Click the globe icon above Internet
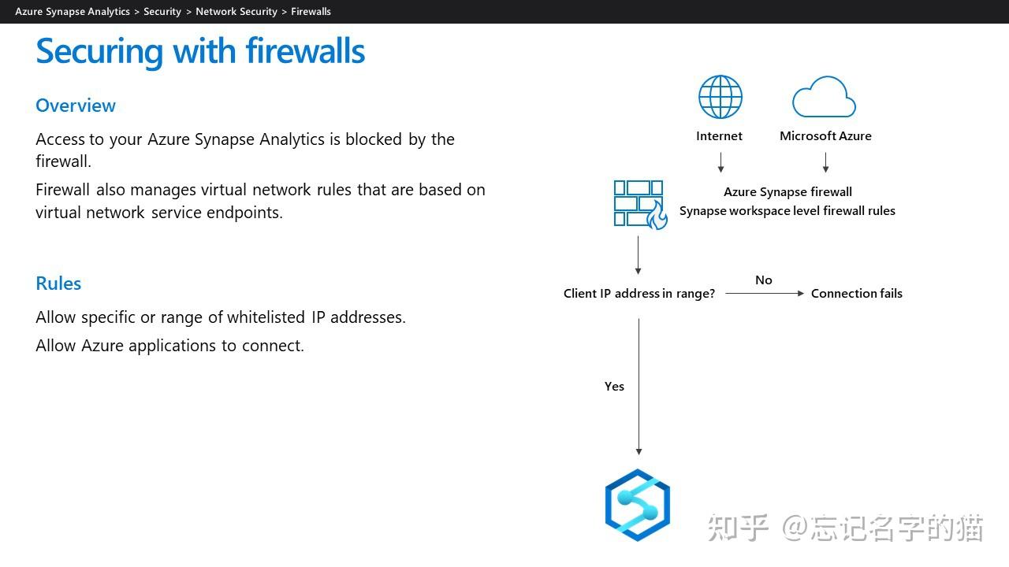tap(720, 97)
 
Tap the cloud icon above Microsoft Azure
tap(824, 98)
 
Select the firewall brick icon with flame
tap(640, 204)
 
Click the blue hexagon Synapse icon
tap(638, 505)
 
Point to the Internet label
tap(719, 135)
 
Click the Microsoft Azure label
tap(825, 135)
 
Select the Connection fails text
tap(856, 293)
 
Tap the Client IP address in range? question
tap(639, 293)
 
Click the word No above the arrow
tap(763, 280)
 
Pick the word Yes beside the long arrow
tap(614, 386)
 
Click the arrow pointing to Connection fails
tap(764, 293)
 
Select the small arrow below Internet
tap(720, 162)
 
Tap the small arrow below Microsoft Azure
tap(825, 162)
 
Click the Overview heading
tap(76, 106)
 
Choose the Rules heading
tap(58, 283)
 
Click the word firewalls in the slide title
tap(305, 51)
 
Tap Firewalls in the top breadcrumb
tap(311, 12)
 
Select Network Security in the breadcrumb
tap(236, 12)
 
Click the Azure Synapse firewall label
tap(787, 191)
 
